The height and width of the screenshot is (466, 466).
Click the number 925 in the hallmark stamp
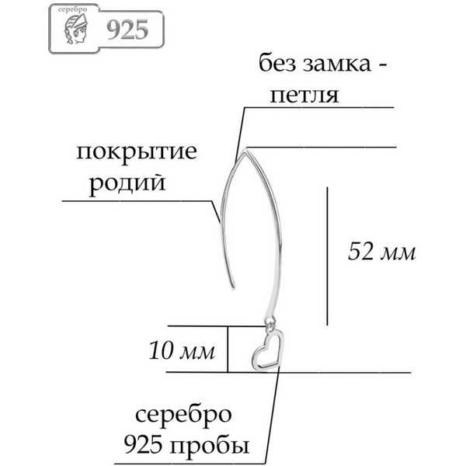127,30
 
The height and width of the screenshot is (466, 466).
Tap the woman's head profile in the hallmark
76,30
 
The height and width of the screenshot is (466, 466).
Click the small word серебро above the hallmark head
72,9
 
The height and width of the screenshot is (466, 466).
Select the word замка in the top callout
337,64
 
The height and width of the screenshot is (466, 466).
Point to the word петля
304,95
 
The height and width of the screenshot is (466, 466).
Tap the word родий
127,184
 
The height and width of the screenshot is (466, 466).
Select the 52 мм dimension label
381,252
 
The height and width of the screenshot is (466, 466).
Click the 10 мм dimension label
181,350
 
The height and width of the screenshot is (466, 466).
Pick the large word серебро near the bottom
183,415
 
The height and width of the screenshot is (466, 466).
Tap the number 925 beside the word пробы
143,445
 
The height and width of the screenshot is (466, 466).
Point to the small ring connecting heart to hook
270,322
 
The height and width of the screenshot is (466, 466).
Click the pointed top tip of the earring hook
245,152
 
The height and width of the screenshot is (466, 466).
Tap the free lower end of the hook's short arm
234,287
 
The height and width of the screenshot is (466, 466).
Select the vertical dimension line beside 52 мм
327,256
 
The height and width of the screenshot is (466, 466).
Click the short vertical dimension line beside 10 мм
228,349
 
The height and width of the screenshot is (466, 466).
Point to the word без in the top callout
277,64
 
